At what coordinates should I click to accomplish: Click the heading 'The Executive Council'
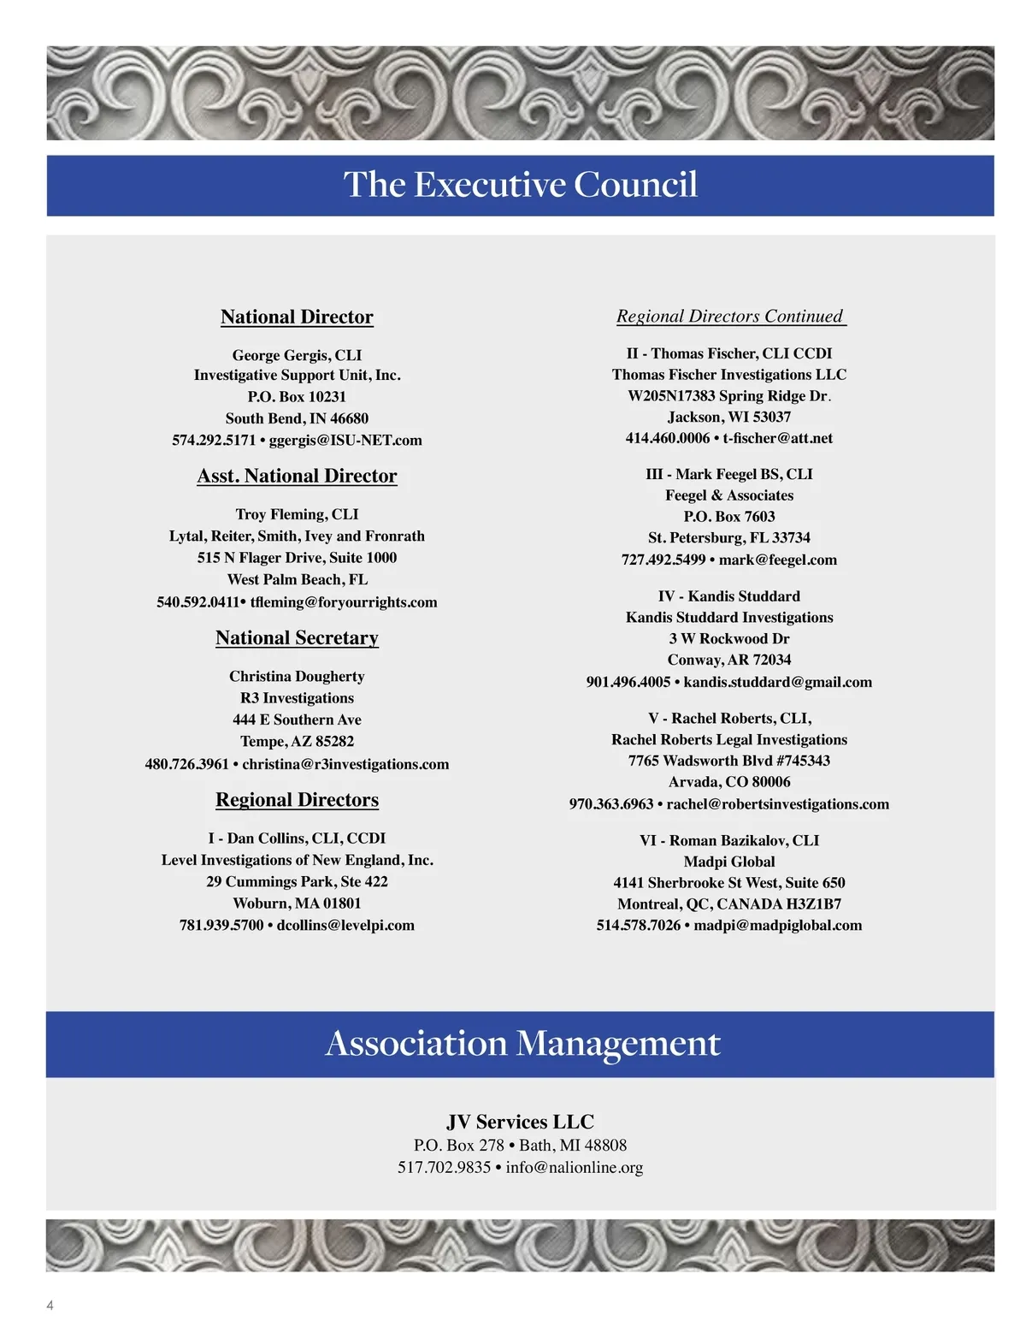(520, 185)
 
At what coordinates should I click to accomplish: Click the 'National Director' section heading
(297, 317)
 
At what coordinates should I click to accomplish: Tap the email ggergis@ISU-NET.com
(345, 441)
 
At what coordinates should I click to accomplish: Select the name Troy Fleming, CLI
(297, 514)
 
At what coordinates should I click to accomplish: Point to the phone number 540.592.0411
(198, 602)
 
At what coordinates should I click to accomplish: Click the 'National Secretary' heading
(297, 638)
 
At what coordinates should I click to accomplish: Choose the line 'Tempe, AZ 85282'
(297, 742)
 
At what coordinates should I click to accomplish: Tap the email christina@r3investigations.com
(345, 764)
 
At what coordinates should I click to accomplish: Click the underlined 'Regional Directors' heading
(297, 800)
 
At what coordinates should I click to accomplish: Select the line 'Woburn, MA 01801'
(297, 903)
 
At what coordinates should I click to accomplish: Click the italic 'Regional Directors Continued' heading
(729, 317)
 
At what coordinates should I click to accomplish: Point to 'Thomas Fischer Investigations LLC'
(729, 375)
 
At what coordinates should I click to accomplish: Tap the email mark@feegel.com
(777, 560)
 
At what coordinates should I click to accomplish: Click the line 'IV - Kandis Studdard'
(729, 596)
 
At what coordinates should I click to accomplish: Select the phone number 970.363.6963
(611, 804)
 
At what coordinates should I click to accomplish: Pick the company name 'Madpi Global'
(729, 862)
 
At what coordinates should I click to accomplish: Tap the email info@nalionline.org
(574, 1168)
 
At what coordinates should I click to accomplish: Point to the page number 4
(50, 1306)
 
